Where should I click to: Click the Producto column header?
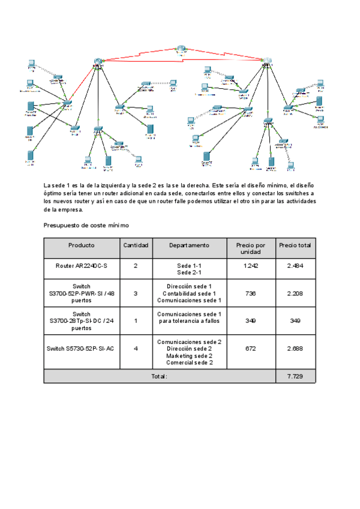coord(82,245)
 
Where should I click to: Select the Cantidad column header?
coord(136,245)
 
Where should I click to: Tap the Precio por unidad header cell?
coord(251,248)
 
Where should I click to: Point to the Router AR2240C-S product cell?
coord(82,265)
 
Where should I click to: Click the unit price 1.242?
coord(251,265)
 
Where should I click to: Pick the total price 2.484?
coord(295,265)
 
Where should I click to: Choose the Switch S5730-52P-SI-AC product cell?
coord(82,349)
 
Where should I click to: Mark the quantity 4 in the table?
coord(136,349)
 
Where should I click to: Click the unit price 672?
coord(251,349)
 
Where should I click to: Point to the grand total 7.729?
coord(295,376)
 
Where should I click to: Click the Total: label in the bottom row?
coord(159,376)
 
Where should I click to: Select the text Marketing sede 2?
coord(189,355)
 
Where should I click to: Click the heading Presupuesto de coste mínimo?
coord(86,225)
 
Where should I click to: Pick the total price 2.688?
coord(295,349)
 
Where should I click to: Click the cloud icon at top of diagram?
coord(182,50)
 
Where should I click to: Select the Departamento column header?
coord(189,245)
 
